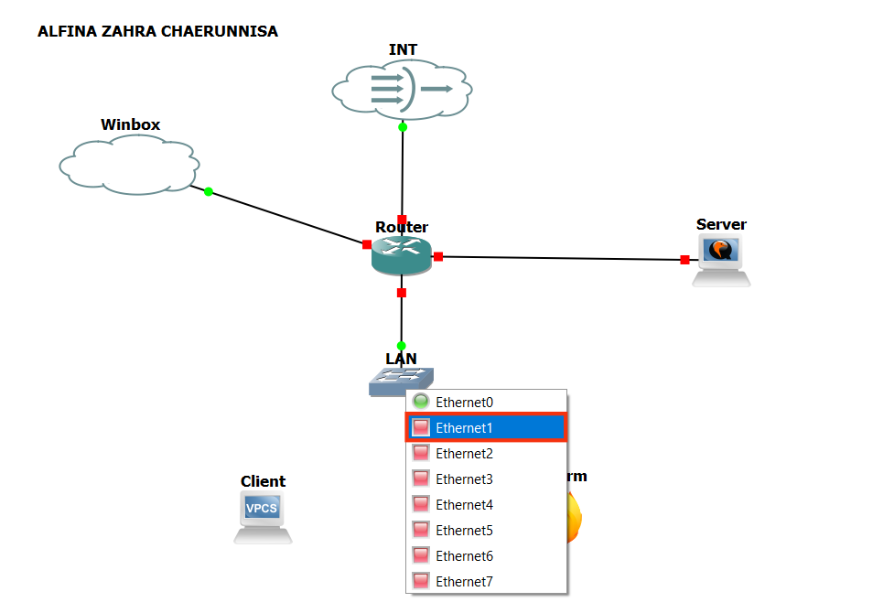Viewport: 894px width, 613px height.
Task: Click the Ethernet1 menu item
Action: (486, 427)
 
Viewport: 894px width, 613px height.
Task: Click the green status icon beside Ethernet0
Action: (421, 402)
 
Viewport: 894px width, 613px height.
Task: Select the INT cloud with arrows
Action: (403, 89)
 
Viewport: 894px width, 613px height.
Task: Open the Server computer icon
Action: (721, 259)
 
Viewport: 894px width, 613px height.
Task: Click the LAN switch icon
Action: (400, 381)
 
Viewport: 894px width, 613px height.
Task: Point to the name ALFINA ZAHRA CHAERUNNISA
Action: (157, 31)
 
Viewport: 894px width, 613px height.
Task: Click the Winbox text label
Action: (130, 124)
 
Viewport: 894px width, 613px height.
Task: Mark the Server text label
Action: (721, 224)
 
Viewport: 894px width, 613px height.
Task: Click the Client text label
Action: (263, 481)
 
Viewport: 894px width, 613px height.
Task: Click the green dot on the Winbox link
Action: (209, 191)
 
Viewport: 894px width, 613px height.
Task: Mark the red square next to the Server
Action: (684, 260)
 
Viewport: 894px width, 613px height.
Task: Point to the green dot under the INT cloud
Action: (403, 127)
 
